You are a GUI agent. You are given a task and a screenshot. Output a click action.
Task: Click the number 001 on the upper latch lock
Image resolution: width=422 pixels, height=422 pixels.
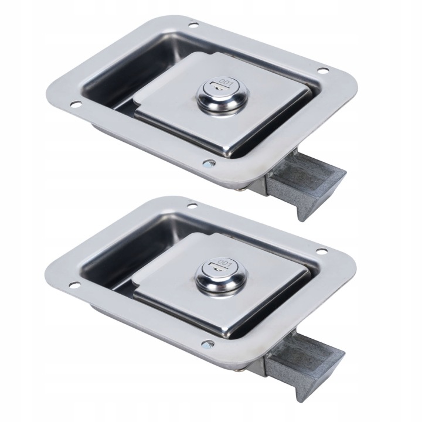pos(226,81)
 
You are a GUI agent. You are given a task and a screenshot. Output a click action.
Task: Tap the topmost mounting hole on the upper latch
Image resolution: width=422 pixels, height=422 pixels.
pos(193,26)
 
